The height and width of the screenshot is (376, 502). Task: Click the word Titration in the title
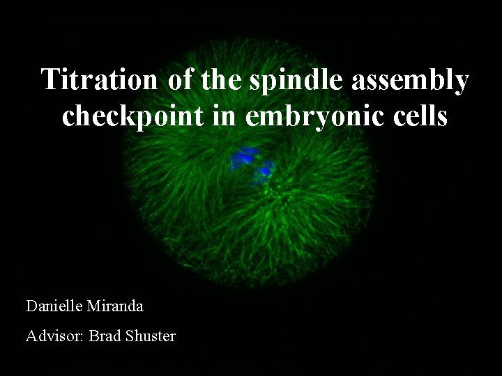point(101,80)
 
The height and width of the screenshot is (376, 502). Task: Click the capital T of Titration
point(49,80)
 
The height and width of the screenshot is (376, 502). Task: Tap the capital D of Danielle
point(31,306)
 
